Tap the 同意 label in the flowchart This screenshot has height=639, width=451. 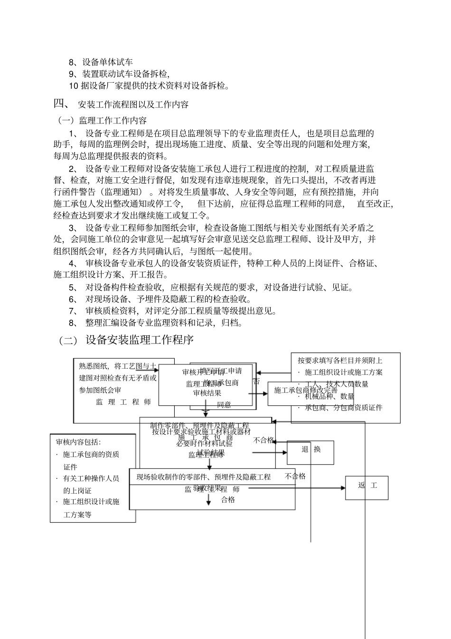[224, 405]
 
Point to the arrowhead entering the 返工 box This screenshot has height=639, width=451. [343, 487]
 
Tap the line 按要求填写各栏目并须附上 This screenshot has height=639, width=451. [340, 361]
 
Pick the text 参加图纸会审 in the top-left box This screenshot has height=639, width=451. [100, 390]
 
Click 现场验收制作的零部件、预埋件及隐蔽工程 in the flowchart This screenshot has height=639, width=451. [203, 477]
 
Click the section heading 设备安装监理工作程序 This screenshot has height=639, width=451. [140, 340]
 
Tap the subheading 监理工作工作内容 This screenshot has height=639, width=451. [113, 121]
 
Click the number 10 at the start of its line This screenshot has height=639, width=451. [73, 86]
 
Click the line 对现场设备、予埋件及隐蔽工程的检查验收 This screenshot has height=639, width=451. [168, 299]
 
